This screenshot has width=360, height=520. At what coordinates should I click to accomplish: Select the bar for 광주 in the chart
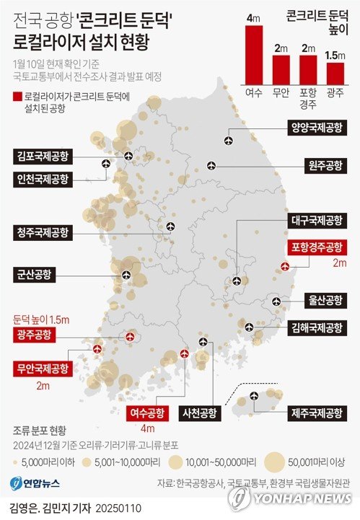tap(335, 74)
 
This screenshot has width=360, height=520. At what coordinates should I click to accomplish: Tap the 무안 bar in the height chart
tap(281, 69)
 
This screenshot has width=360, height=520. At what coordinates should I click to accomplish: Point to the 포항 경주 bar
tap(308, 69)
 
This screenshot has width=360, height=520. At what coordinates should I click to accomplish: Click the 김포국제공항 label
tap(43, 156)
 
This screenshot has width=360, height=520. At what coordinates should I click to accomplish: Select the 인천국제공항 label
tap(43, 179)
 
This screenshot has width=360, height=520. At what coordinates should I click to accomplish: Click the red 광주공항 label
tap(34, 335)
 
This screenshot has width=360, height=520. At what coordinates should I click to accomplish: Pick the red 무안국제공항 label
tap(43, 370)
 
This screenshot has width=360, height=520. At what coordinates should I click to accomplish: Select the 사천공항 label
tap(200, 413)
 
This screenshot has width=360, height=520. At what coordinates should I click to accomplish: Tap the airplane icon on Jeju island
tap(255, 395)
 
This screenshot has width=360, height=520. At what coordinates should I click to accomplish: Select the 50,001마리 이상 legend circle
tap(274, 461)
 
